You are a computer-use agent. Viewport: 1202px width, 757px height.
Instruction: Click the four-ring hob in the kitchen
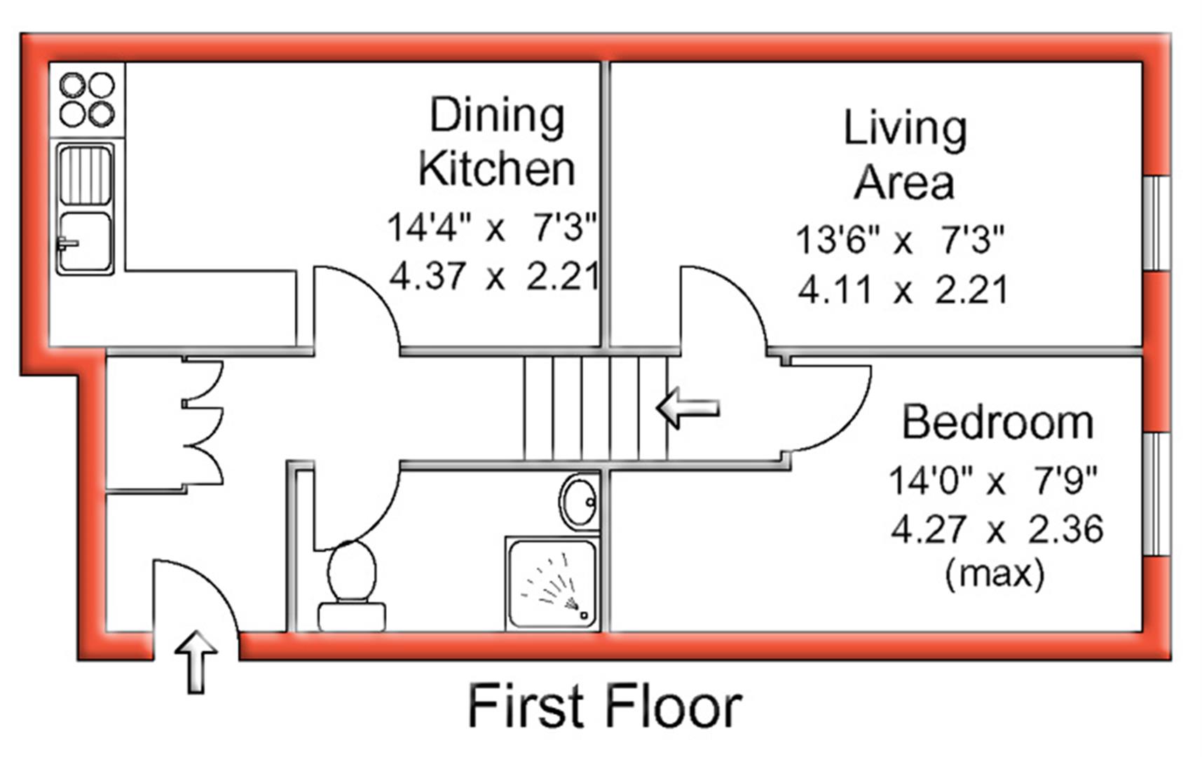[87, 100]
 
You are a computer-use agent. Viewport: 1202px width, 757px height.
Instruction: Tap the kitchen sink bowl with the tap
[85, 242]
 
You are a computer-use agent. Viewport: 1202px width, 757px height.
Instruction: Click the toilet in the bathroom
[352, 586]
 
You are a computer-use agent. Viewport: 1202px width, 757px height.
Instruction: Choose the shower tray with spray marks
[552, 583]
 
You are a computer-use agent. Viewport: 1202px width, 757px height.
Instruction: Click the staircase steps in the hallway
[596, 408]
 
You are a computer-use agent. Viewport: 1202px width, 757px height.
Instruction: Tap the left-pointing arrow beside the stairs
[688, 408]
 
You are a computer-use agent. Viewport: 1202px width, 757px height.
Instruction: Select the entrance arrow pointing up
[196, 660]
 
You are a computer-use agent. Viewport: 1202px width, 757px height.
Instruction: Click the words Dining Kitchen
[497, 142]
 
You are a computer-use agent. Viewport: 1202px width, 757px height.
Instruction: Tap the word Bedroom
[997, 423]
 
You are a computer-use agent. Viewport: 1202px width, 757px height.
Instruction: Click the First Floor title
[604, 707]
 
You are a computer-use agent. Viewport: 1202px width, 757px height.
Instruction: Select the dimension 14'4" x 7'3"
[492, 227]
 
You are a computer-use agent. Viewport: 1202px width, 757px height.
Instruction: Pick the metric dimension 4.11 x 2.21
[903, 289]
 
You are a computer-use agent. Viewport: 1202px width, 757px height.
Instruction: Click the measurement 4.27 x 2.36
[997, 528]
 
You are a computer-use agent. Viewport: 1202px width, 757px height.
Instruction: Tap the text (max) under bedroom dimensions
[995, 573]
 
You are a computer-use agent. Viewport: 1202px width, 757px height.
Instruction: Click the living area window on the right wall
[1157, 223]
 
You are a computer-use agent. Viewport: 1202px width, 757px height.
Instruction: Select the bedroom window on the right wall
[1157, 495]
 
